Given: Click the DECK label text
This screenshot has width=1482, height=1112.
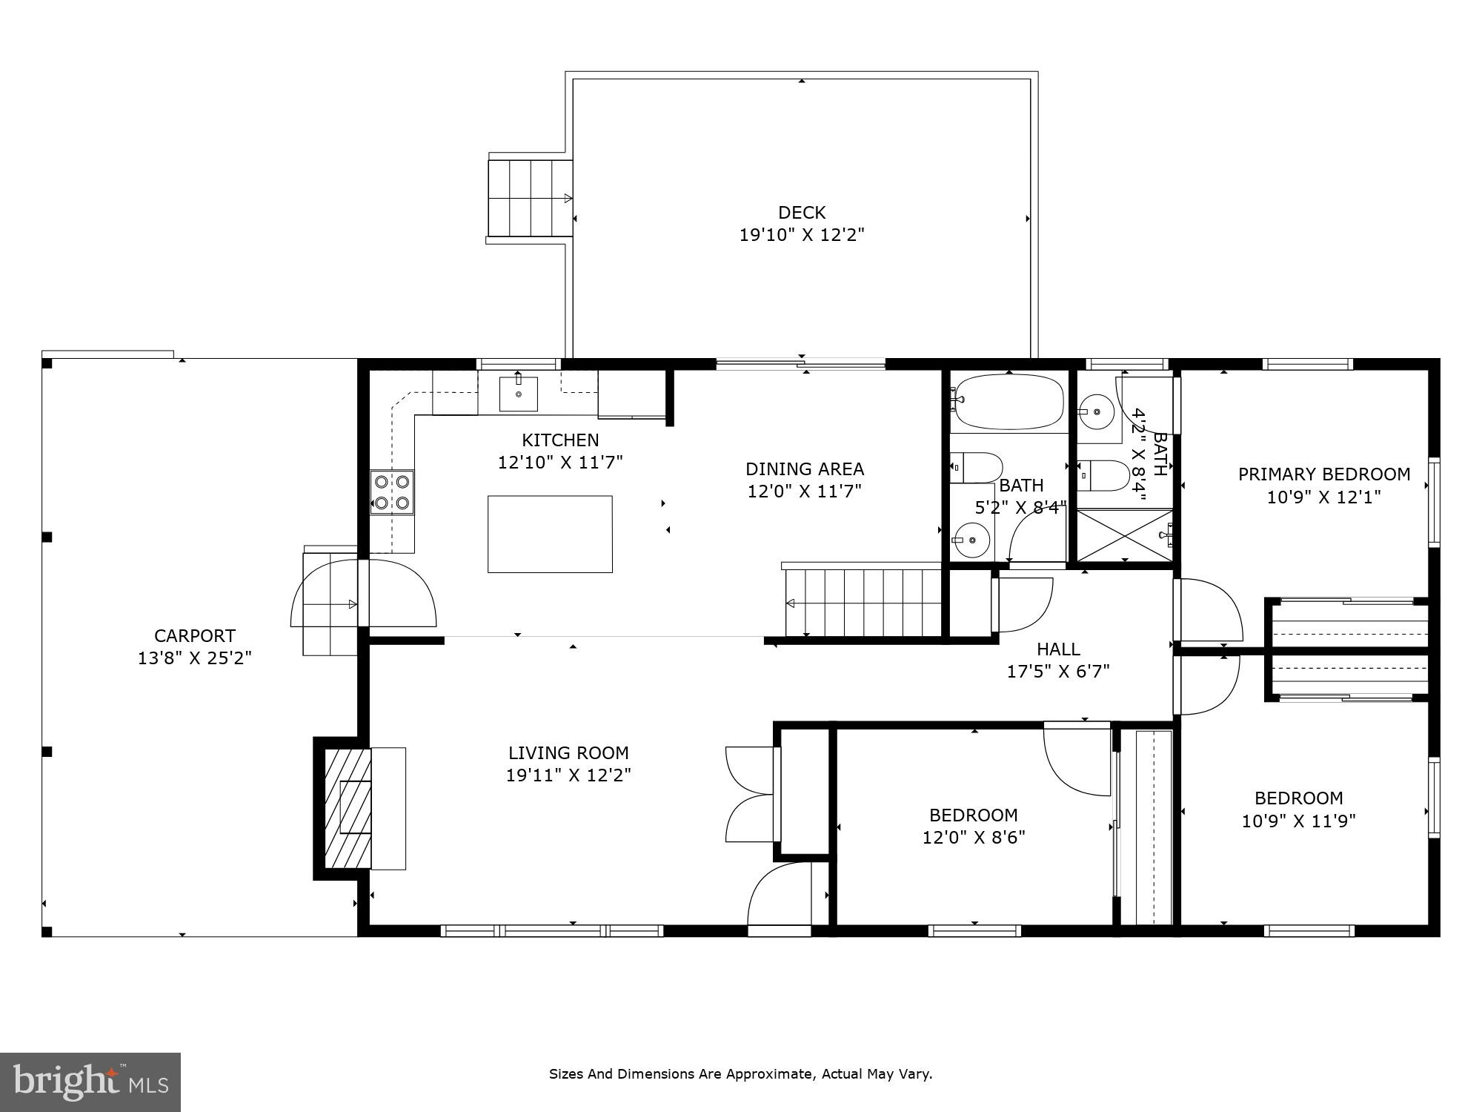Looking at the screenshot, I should [802, 213].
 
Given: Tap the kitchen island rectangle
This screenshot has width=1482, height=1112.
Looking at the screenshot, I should [550, 534].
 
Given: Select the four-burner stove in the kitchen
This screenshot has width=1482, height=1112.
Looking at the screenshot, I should [392, 492].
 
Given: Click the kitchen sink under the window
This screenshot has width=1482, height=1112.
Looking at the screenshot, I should [518, 393].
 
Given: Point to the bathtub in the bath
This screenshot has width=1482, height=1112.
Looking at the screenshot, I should [1009, 402].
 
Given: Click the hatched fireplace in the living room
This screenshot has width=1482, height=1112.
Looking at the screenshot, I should [348, 808].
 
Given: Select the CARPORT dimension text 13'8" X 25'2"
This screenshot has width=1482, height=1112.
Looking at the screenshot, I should [195, 658].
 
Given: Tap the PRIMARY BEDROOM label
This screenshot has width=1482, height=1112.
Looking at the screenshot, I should [1324, 474].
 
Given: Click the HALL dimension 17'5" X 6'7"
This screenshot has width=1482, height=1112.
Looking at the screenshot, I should [1057, 672].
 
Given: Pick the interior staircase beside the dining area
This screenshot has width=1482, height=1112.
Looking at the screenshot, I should [863, 602].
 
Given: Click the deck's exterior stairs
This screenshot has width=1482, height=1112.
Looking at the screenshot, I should [531, 198].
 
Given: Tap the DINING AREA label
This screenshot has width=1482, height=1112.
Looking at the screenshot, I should [805, 469].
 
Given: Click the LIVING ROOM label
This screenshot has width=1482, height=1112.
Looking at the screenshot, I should [568, 753].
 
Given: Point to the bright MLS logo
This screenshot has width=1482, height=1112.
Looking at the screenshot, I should [90, 1082].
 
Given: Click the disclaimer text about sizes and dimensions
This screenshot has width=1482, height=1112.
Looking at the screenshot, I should [740, 1073].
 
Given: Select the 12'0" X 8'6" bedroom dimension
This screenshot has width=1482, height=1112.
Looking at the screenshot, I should [973, 838].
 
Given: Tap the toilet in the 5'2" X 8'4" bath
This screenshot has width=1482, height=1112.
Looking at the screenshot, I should [977, 467].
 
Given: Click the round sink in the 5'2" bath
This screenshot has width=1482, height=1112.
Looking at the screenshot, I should [971, 540].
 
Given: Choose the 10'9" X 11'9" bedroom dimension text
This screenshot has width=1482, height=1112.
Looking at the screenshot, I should [1298, 821].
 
